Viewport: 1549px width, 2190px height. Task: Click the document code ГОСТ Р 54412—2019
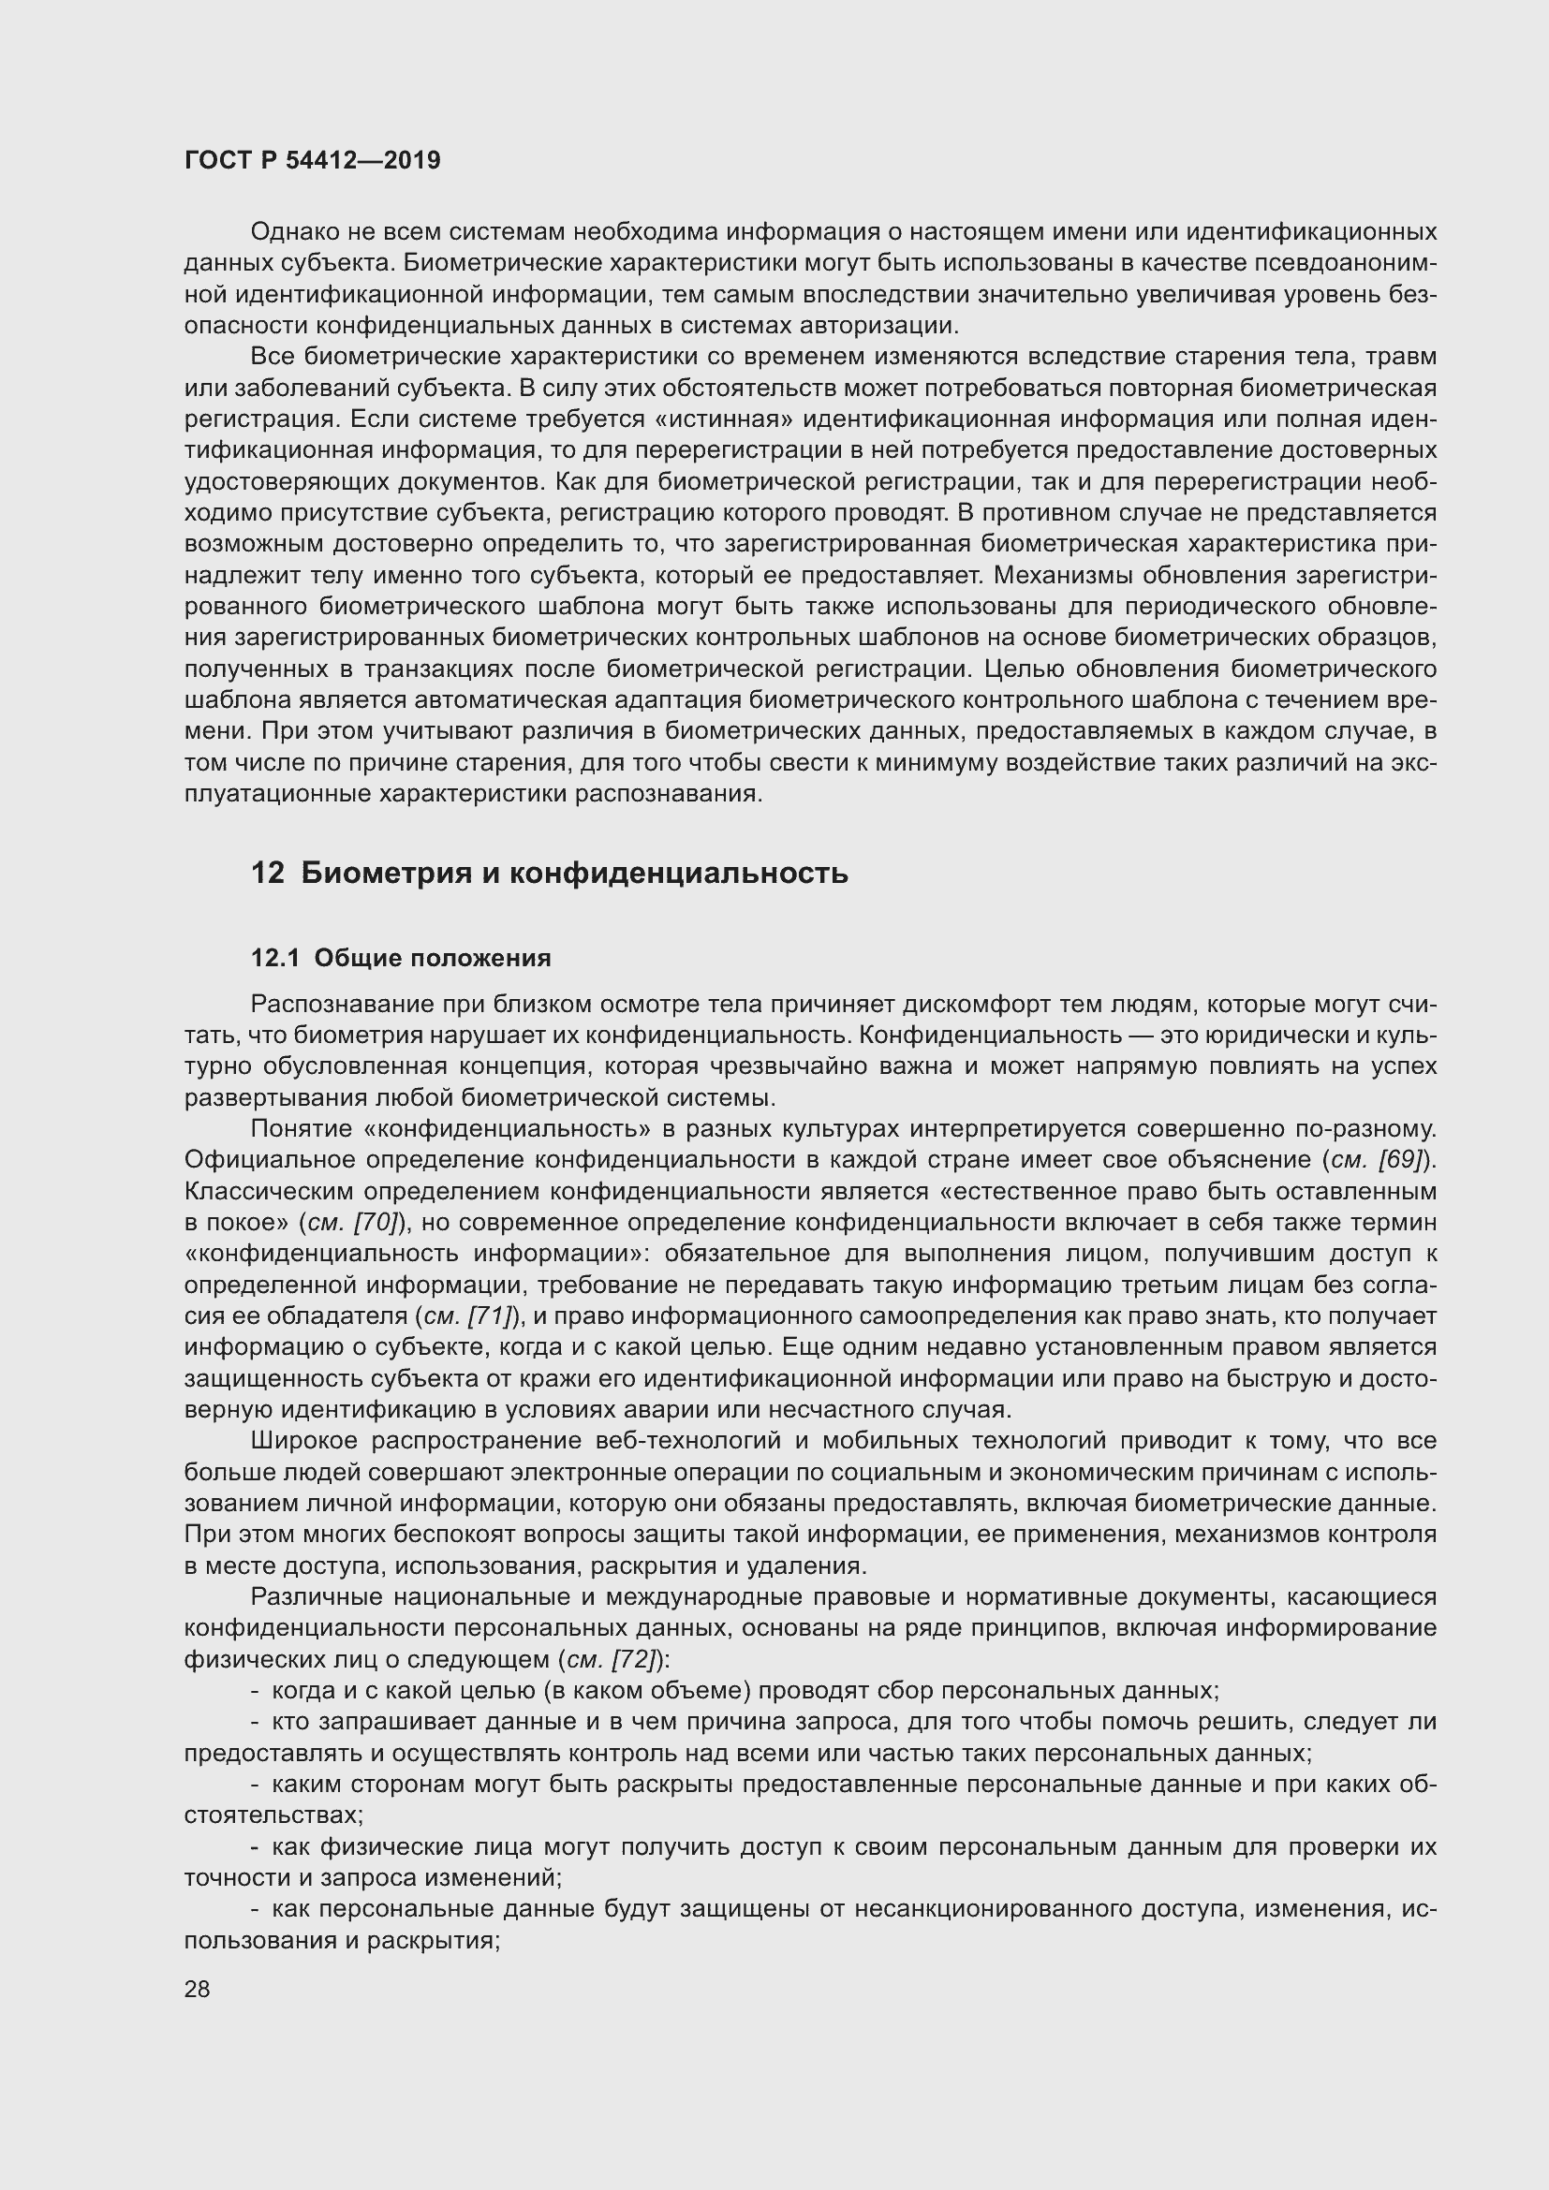312,160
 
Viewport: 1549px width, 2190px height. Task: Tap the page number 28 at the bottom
197,1989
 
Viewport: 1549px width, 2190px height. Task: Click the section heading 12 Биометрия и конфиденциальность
550,873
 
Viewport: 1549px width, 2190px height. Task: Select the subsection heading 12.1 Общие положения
401,958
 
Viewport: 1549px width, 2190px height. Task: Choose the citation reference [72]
635,1660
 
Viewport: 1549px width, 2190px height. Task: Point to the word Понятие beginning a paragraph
301,1129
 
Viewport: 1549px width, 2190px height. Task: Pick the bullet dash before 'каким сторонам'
255,1785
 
